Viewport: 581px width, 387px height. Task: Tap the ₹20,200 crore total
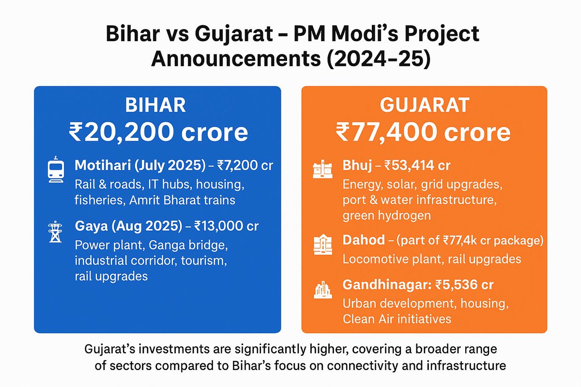[157, 132]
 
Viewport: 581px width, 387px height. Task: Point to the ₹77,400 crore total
[424, 132]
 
